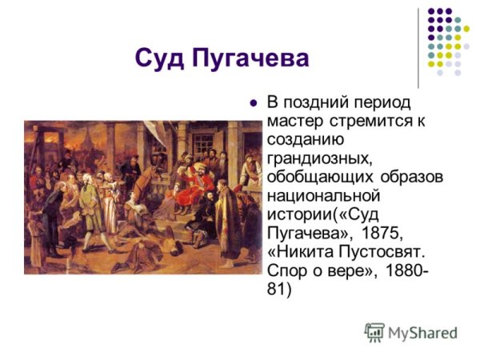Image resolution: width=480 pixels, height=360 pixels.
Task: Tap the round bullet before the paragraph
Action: tap(254, 103)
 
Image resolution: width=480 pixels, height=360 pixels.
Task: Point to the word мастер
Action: tap(291, 122)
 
